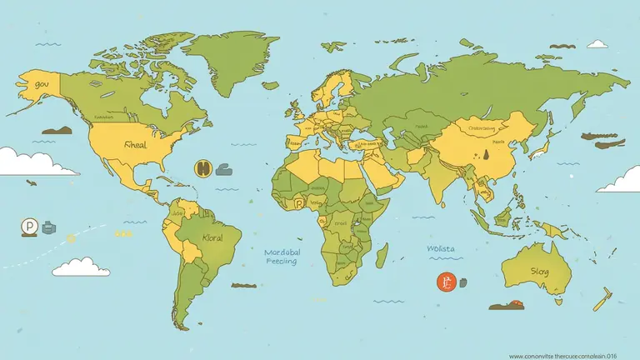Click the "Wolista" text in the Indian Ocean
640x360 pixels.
pyautogui.click(x=442, y=247)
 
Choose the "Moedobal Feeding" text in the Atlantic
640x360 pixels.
pyautogui.click(x=282, y=255)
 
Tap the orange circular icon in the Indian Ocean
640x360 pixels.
pyautogui.click(x=447, y=283)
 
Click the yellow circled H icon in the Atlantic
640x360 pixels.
pyautogui.click(x=202, y=168)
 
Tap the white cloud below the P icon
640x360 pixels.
pyautogui.click(x=81, y=267)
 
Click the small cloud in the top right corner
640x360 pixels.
pyautogui.click(x=597, y=43)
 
